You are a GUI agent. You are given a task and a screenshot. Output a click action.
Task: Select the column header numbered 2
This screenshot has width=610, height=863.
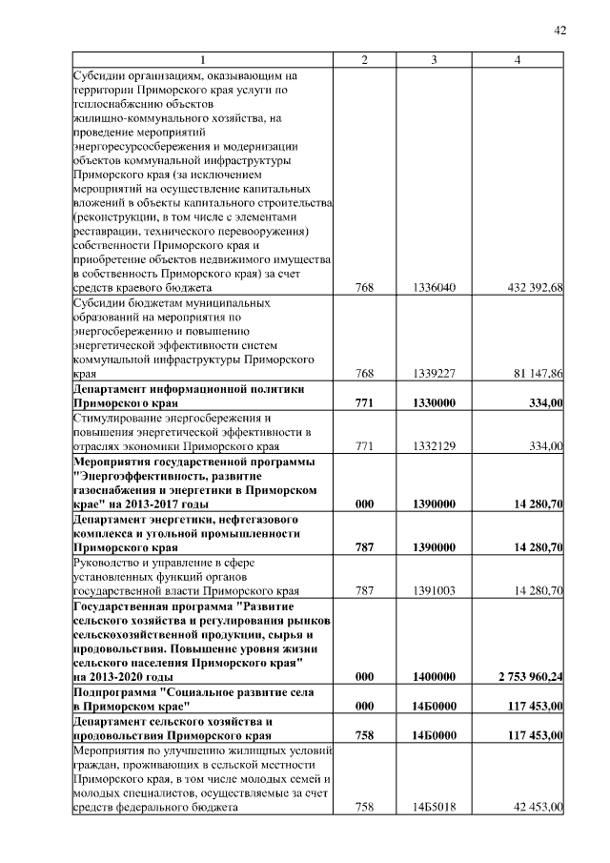(x=364, y=60)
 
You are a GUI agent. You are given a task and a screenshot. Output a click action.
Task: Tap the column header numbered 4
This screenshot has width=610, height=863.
(x=517, y=60)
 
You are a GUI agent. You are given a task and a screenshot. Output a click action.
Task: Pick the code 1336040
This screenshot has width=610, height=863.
(x=435, y=287)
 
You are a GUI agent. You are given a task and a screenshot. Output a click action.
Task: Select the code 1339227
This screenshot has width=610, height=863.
(x=435, y=374)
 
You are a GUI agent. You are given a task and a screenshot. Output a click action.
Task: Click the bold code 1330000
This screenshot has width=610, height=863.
(x=435, y=403)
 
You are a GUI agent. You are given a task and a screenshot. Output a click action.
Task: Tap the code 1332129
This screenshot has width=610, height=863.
(x=435, y=445)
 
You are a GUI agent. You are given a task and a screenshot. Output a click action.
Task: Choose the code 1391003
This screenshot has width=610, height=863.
(x=435, y=590)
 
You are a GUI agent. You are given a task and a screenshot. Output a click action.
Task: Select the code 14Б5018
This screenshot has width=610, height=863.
(x=435, y=808)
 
